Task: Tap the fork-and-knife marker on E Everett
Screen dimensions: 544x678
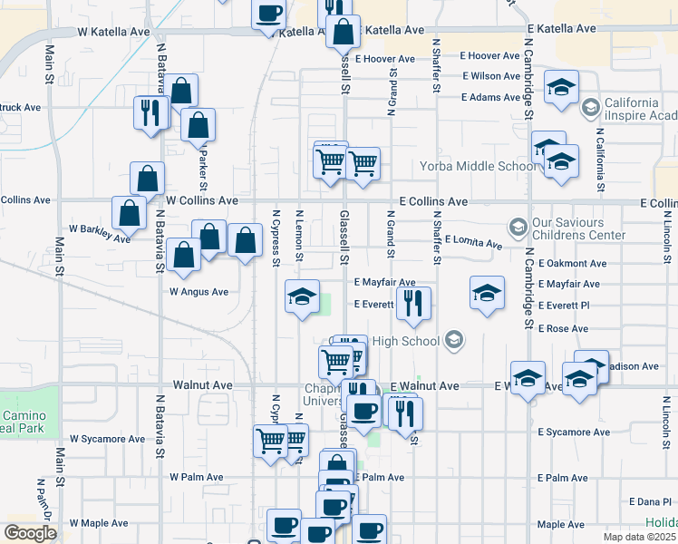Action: pyautogui.click(x=413, y=304)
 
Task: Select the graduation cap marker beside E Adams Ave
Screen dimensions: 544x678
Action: pyautogui.click(x=562, y=88)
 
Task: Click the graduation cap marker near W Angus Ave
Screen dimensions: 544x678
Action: pyautogui.click(x=303, y=296)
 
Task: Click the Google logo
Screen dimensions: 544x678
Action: pyautogui.click(x=30, y=533)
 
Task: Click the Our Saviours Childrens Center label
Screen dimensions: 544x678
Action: pyautogui.click(x=580, y=228)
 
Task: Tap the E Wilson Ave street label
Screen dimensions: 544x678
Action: pyautogui.click(x=491, y=76)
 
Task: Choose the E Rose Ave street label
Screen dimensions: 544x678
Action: pyautogui.click(x=563, y=329)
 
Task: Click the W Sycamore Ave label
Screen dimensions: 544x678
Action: pyautogui.click(x=112, y=439)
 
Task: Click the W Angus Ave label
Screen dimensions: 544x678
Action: pyautogui.click(x=199, y=292)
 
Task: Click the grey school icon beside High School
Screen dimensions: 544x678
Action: pyautogui.click(x=455, y=341)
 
